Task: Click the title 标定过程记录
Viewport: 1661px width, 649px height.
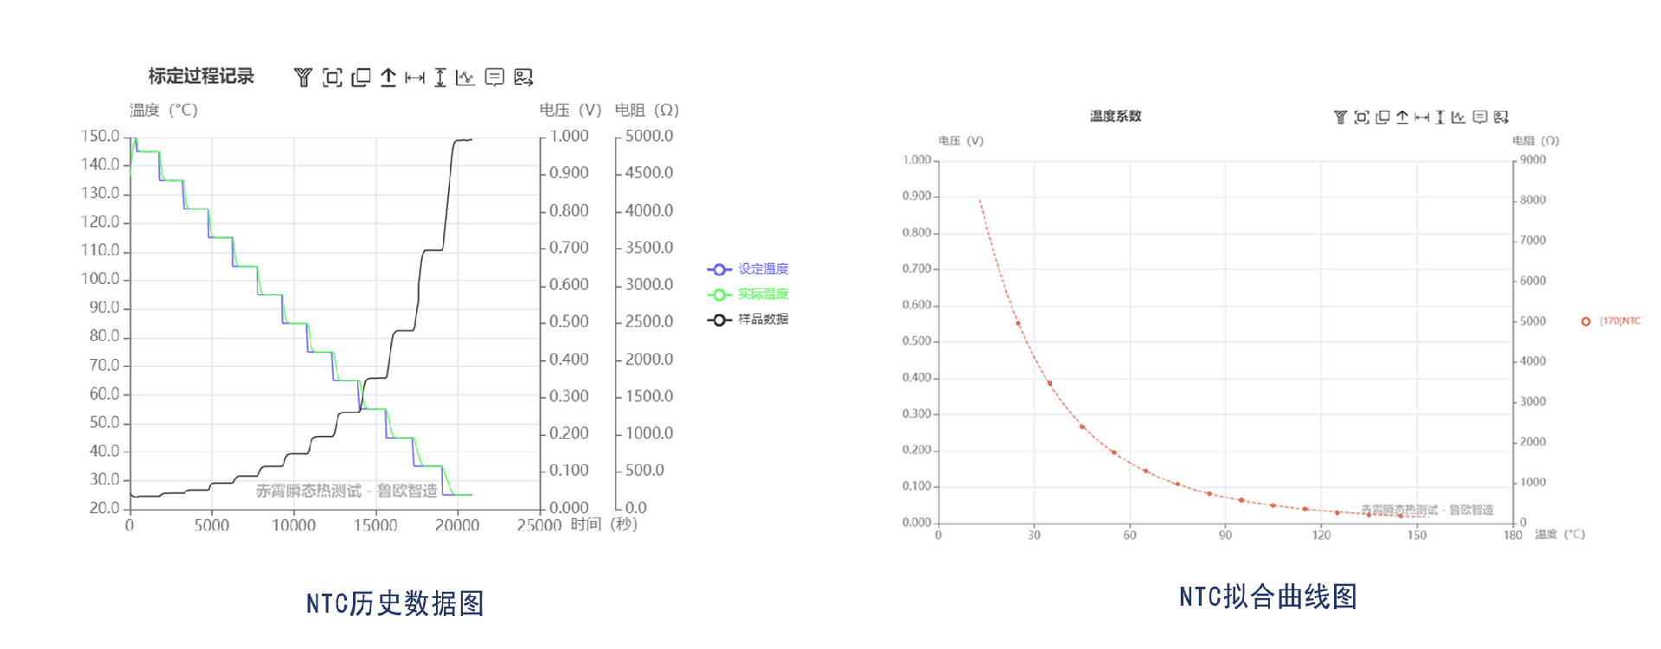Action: pyautogui.click(x=201, y=76)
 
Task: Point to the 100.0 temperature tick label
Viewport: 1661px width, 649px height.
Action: pyautogui.click(x=100, y=279)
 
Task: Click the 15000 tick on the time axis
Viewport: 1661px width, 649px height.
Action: pyautogui.click(x=375, y=525)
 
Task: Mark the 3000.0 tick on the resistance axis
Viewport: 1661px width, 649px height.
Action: pyautogui.click(x=649, y=285)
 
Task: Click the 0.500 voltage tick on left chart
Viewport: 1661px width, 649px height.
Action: pyautogui.click(x=569, y=322)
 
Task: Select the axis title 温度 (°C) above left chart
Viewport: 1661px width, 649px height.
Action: pyautogui.click(x=164, y=110)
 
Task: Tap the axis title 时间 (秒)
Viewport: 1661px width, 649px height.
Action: pyautogui.click(x=604, y=524)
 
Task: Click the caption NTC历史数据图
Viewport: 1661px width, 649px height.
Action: pyautogui.click(x=394, y=603)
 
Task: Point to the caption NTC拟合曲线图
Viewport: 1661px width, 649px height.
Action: pyautogui.click(x=1267, y=596)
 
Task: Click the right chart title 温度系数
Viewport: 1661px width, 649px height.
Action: pyautogui.click(x=1115, y=116)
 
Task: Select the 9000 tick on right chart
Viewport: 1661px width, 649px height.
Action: pyautogui.click(x=1533, y=160)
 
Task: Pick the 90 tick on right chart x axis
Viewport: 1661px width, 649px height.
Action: pyautogui.click(x=1225, y=536)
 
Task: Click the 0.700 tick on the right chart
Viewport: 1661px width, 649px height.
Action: pyautogui.click(x=917, y=269)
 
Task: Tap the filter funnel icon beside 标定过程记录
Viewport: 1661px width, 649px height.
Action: pyautogui.click(x=303, y=78)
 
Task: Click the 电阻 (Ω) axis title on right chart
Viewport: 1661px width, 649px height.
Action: pyautogui.click(x=1536, y=140)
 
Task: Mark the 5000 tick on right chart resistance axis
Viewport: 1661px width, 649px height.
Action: pyautogui.click(x=1533, y=321)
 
